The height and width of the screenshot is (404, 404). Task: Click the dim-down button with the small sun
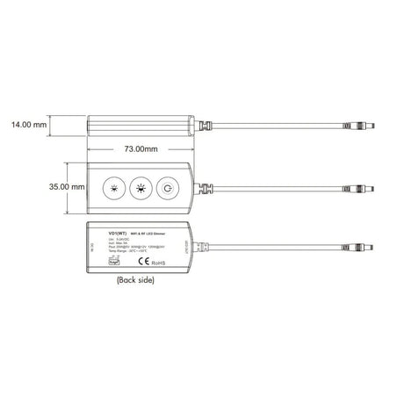[x=114, y=188]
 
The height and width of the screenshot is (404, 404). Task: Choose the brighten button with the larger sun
[x=140, y=188]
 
